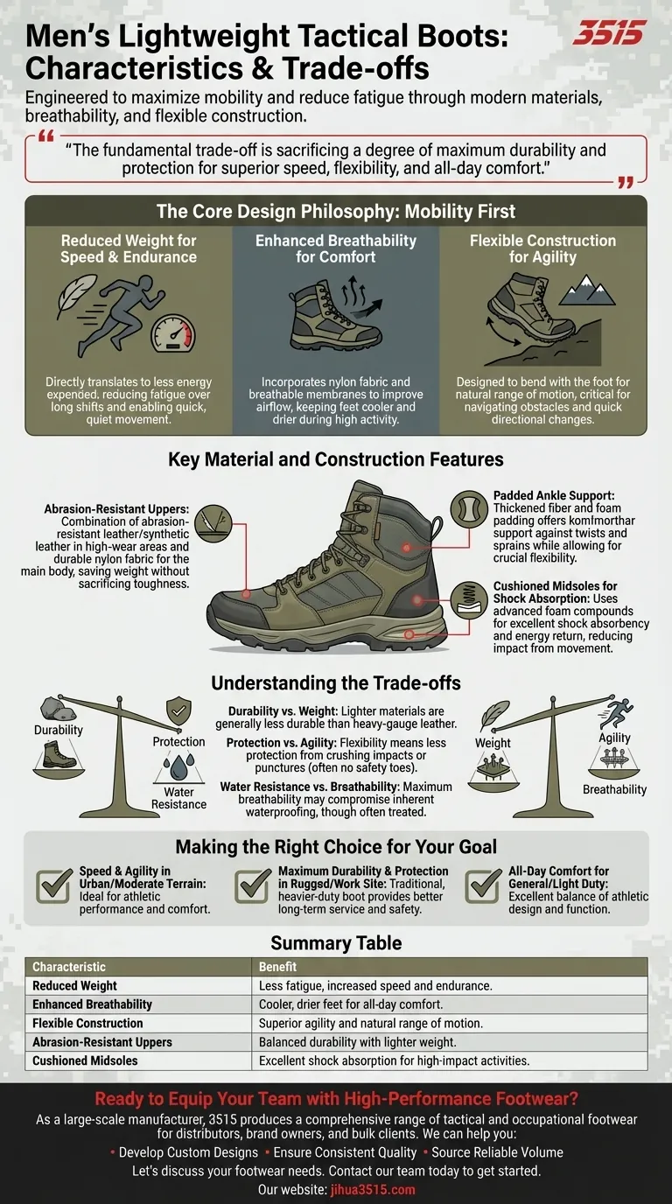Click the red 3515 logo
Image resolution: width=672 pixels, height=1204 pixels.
tap(609, 32)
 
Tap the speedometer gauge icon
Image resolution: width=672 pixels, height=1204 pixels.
tap(172, 333)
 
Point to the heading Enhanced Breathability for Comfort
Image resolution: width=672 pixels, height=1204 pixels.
tap(335, 248)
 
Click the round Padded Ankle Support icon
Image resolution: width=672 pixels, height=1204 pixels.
tap(469, 508)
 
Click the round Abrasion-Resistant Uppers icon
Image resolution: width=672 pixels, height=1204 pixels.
tap(213, 522)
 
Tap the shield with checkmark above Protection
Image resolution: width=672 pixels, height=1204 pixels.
tap(178, 711)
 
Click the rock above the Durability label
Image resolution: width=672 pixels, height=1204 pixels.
tap(59, 709)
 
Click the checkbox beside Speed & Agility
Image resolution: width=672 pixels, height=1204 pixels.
tap(54, 885)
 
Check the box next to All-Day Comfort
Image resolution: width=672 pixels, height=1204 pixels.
tap(483, 885)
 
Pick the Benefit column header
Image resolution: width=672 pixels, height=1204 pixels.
tap(277, 966)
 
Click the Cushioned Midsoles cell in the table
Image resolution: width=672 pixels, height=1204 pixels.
tap(85, 1060)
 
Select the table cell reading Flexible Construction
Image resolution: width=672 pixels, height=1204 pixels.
tap(87, 1023)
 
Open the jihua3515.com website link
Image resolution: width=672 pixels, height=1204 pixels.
tap(373, 1189)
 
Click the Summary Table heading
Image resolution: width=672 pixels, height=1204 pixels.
tap(336, 942)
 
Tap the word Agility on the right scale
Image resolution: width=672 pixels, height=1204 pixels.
tap(614, 738)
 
